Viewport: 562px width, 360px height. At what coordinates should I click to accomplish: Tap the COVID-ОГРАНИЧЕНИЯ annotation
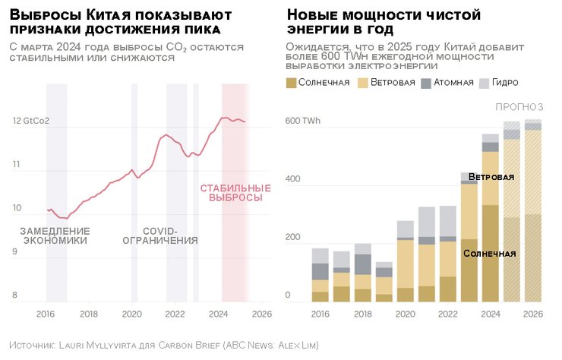pos(160,235)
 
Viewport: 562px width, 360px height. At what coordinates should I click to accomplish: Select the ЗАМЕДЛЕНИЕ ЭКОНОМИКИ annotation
pos(55,235)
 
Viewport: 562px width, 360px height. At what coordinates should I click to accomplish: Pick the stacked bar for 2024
pos(491,220)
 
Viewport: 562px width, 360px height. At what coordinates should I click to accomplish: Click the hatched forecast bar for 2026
pos(533,213)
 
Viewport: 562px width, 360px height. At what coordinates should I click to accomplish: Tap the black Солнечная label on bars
pos(490,254)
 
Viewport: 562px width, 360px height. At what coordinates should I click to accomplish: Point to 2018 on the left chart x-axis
pos(89,313)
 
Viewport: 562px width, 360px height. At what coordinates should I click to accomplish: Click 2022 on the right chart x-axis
pos(448,313)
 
